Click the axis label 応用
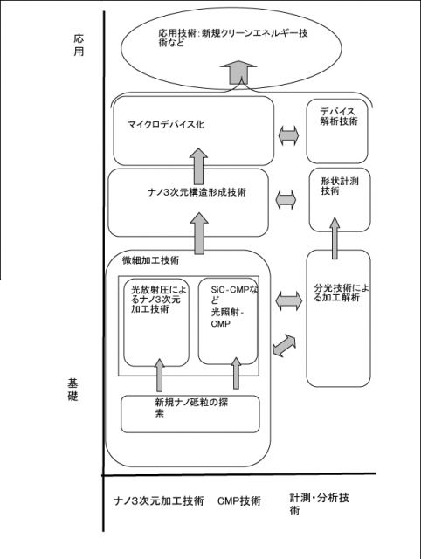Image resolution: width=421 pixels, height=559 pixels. (x=79, y=45)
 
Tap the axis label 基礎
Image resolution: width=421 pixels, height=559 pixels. (x=72, y=390)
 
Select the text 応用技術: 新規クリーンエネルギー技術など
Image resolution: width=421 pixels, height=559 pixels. (x=233, y=38)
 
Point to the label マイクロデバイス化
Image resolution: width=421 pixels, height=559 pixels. (x=166, y=124)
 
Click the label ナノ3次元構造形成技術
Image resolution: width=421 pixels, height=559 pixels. (x=197, y=192)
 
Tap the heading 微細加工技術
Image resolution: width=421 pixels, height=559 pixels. (x=151, y=260)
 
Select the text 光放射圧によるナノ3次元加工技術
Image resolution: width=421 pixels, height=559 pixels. (x=157, y=299)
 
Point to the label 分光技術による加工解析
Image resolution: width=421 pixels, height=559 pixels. (x=342, y=293)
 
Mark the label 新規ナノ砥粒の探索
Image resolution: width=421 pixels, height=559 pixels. (x=191, y=408)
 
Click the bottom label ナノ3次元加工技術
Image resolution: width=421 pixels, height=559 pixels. (x=159, y=500)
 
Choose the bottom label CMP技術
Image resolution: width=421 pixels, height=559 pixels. (x=239, y=500)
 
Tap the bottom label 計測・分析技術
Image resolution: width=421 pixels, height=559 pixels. (x=319, y=504)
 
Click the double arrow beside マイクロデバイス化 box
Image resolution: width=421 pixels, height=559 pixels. (x=288, y=135)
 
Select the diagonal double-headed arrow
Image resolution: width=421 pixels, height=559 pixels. (x=284, y=345)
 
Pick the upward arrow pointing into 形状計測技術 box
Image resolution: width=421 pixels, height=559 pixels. (x=335, y=238)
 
